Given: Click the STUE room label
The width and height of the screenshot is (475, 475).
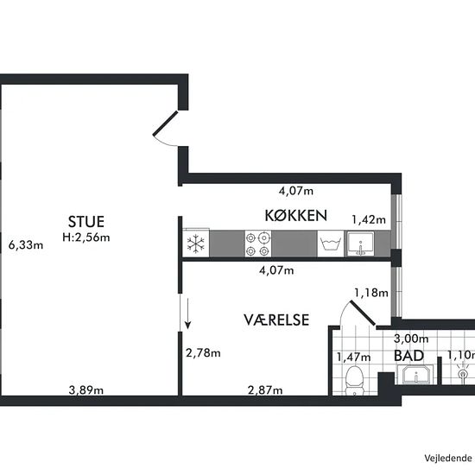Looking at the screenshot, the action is point(86,222).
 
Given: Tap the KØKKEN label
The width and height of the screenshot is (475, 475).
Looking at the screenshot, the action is point(296,215).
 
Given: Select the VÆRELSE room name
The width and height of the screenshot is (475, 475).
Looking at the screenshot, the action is point(276,320).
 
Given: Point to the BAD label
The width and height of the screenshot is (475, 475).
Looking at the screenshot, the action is point(408,356).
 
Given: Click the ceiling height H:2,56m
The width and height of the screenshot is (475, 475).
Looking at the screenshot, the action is point(86,237).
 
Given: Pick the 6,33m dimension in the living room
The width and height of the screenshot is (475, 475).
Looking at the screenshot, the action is point(26,244).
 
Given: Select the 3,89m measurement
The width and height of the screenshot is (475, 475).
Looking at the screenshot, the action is point(86,390).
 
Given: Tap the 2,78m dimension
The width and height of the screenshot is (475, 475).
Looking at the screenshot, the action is point(203,353).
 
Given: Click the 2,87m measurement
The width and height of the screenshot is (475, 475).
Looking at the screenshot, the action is point(265,390).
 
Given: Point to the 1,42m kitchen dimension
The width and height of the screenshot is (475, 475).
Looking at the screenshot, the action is point(369,219).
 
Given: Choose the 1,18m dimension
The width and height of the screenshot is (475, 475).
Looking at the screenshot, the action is point(371,293).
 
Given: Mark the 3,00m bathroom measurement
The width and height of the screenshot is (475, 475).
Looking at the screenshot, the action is point(411,339).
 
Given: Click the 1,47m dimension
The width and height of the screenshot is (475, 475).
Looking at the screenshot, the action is point(353,358).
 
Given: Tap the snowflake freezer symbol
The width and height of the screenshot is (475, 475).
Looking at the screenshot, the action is point(196,244).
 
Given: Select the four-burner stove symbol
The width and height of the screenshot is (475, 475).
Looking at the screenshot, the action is point(258,244).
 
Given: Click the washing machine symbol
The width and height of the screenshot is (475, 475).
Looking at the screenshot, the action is point(331,244).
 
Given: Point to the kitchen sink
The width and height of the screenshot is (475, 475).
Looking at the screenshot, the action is point(360,244).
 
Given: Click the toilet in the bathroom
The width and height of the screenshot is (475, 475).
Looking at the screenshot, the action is point(354,381).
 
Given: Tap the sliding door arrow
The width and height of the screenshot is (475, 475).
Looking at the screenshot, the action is point(187,313).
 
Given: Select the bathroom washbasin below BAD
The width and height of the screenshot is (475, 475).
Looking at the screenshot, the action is point(415,375).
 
